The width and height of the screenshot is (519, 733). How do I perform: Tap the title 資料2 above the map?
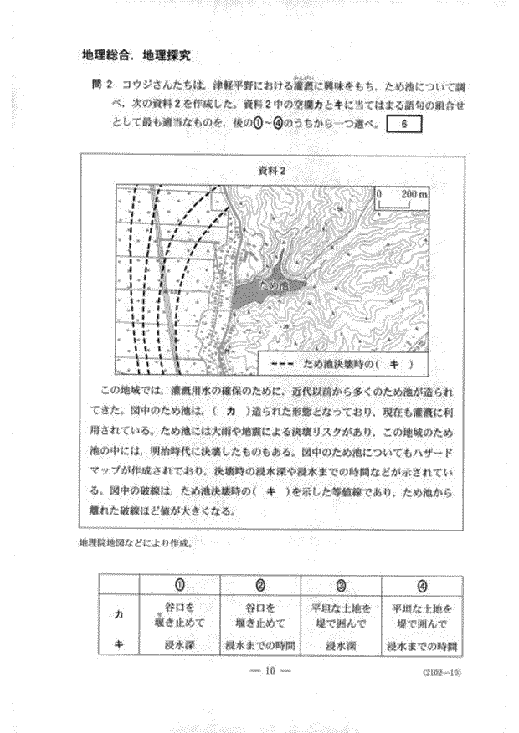coord(274,170)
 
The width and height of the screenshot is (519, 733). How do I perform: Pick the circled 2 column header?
coord(259,583)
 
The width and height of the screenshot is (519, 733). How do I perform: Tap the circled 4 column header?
coord(421,583)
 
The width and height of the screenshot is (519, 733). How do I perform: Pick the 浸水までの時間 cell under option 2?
coord(259,645)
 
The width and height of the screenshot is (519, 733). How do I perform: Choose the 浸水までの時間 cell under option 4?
coord(421,645)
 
